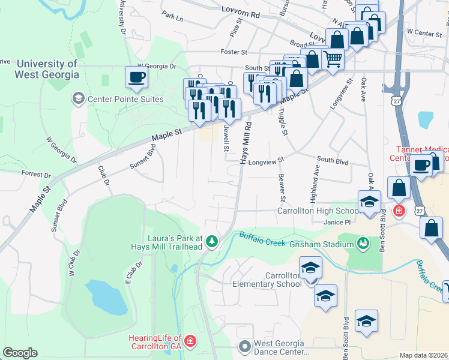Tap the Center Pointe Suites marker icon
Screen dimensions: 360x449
tap(77, 98)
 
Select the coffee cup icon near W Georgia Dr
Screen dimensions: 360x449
tap(136, 77)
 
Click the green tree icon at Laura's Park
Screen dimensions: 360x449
tap(211, 242)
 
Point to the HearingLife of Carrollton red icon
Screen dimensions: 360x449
tap(190, 341)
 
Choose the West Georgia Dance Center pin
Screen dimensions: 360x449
tap(244, 346)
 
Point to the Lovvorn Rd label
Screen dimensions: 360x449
tap(240, 10)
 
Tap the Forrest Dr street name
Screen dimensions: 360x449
tap(35, 175)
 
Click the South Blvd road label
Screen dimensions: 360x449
tap(333, 160)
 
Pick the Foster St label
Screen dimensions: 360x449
tap(234, 52)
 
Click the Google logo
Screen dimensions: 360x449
tap(20, 353)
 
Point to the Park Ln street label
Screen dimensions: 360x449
tap(172, 18)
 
